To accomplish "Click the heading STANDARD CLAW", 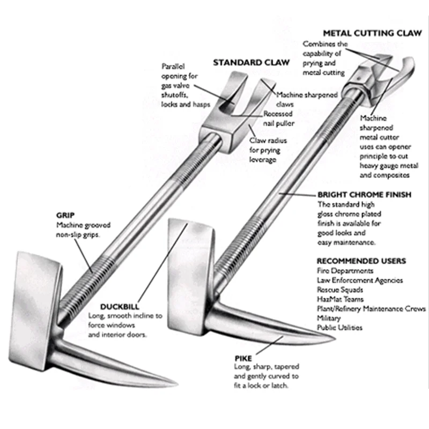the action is (251, 62).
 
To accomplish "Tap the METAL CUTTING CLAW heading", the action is (372, 33).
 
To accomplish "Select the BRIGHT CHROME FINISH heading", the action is (364, 195).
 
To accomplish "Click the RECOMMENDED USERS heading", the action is (361, 261).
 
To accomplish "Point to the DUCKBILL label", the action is (120, 307).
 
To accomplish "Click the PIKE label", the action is (243, 358).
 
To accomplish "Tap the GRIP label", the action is (65, 216).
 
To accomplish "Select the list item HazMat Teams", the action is (340, 299).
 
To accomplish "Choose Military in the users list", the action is (329, 318).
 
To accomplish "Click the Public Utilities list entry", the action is (339, 328).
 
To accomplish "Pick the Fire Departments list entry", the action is (345, 271).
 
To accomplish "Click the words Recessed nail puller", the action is (279, 119).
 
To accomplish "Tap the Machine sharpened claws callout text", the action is (307, 99).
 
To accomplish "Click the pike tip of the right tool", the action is (334, 339).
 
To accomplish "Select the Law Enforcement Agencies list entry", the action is (360, 280).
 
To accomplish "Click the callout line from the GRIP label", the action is (83, 256).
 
